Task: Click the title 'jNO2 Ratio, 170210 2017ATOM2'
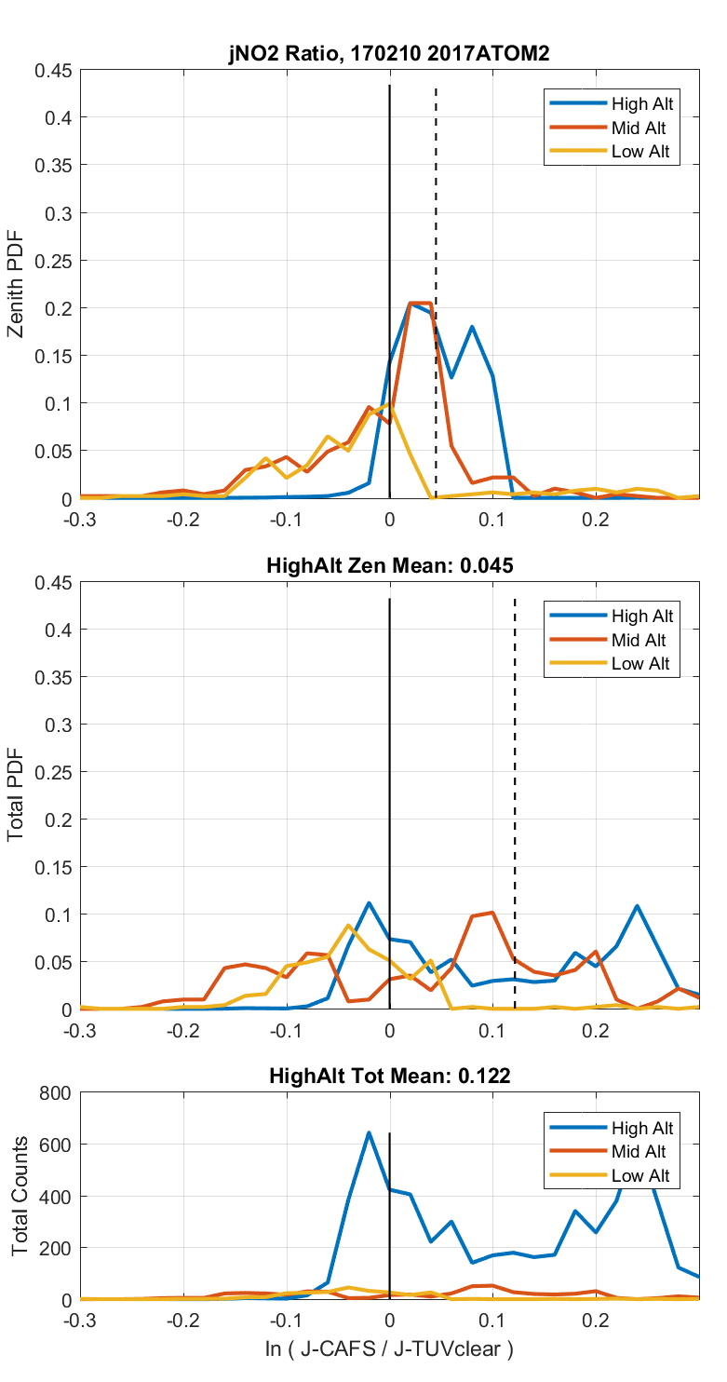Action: point(389,54)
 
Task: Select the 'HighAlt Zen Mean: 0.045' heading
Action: point(389,565)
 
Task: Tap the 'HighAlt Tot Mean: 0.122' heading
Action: point(389,1076)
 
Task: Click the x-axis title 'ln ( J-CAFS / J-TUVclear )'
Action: point(389,1348)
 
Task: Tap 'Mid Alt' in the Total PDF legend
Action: point(639,640)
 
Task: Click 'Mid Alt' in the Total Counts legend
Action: point(639,1151)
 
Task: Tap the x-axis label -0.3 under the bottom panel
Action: point(81,1320)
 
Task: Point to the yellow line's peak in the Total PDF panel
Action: point(348,925)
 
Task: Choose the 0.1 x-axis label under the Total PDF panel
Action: point(492,1030)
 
